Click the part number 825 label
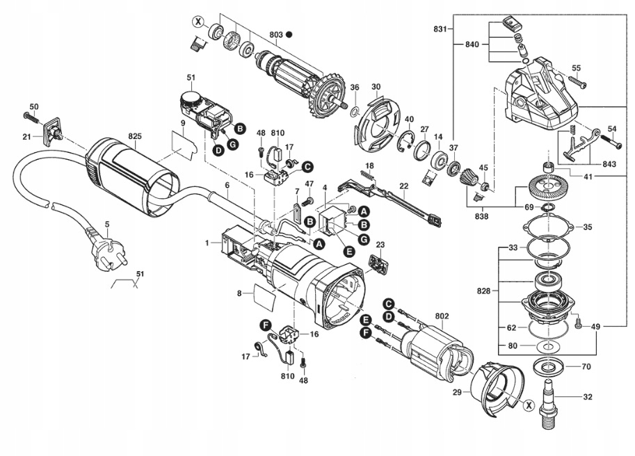pyautogui.click(x=135, y=136)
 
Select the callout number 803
pyautogui.click(x=276, y=35)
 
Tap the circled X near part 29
pyautogui.click(x=528, y=404)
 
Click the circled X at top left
pyautogui.click(x=198, y=22)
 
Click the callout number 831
pyautogui.click(x=440, y=29)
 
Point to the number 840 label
pyautogui.click(x=472, y=44)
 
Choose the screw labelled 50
pyautogui.click(x=31, y=117)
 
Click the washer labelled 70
pyautogui.click(x=549, y=366)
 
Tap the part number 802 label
pyautogui.click(x=442, y=315)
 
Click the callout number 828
pyautogui.click(x=483, y=291)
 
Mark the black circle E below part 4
pyautogui.click(x=348, y=251)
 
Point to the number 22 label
pyautogui.click(x=404, y=186)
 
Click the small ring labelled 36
pyautogui.click(x=355, y=110)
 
